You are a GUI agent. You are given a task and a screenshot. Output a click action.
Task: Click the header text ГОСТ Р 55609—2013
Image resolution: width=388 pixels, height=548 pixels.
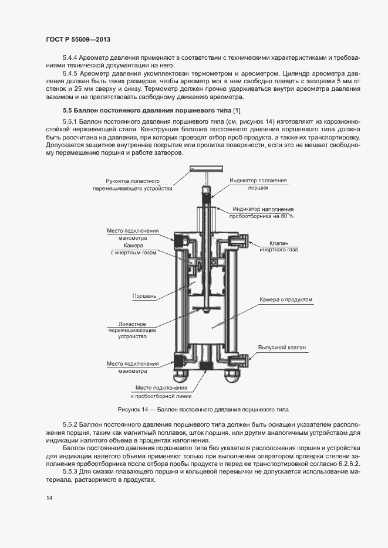pyautogui.click(x=78, y=39)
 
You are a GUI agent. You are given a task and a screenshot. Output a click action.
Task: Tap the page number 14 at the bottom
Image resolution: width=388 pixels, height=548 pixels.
pyautogui.click(x=49, y=498)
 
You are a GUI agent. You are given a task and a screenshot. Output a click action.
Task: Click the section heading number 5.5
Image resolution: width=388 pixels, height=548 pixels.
pyautogui.click(x=68, y=111)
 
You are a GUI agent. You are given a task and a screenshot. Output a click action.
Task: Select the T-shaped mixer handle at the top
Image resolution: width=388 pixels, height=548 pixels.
pyautogui.click(x=205, y=169)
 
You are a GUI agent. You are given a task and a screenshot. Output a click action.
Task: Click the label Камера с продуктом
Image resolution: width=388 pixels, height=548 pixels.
pyautogui.click(x=286, y=299)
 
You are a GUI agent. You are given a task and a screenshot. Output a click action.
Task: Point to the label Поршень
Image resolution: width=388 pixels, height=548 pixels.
pyautogui.click(x=144, y=296)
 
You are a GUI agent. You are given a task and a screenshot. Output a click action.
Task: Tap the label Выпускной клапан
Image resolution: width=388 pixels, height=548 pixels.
pyautogui.click(x=282, y=348)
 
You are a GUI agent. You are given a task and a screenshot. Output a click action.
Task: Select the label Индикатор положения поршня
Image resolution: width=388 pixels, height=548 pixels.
pyautogui.click(x=258, y=185)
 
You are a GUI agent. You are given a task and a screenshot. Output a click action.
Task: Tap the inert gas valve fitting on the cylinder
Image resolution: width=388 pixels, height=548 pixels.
pyautogui.click(x=241, y=240)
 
